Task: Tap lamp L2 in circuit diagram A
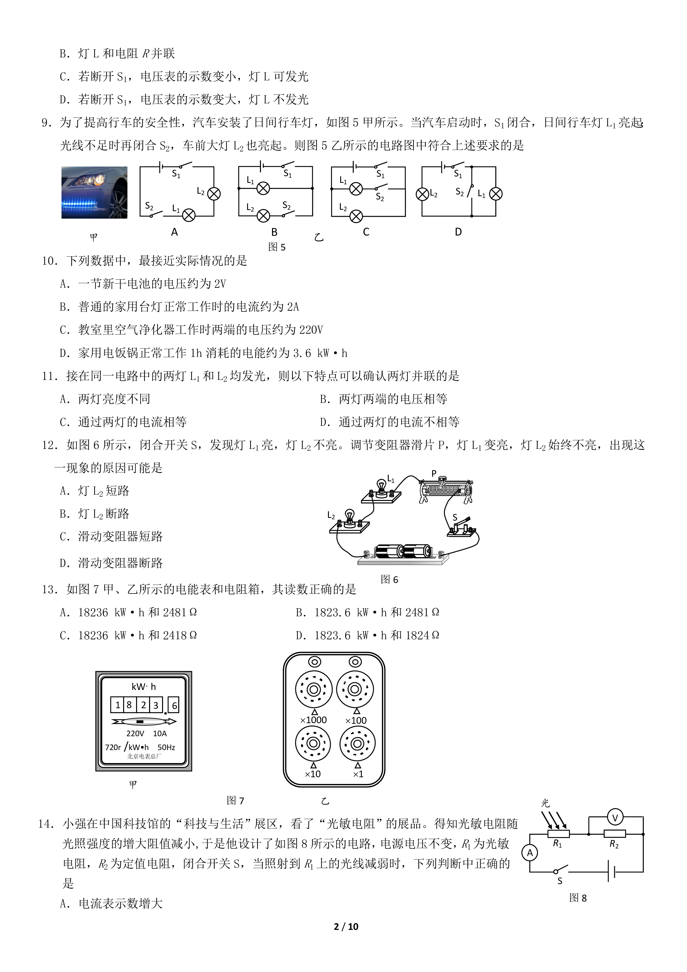(214, 194)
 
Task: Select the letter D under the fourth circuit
(458, 232)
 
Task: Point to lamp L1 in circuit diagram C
(356, 189)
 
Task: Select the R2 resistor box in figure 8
(614, 834)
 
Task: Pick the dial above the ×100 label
(355, 689)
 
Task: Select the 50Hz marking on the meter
(166, 748)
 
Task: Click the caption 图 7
(235, 800)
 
